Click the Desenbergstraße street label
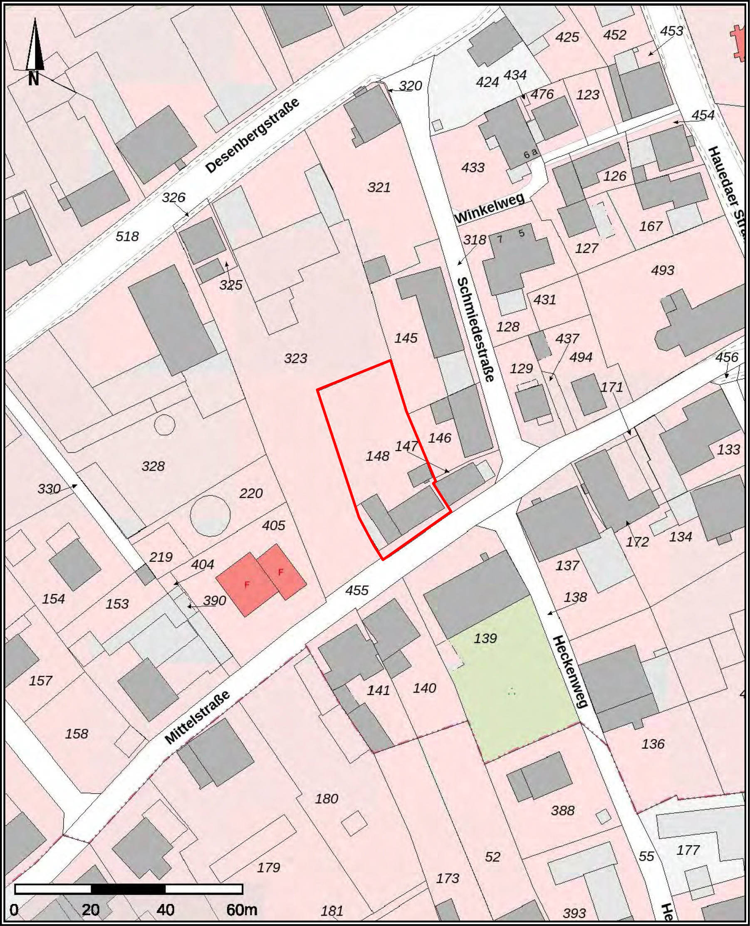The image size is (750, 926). click(x=252, y=135)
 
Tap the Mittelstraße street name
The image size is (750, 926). click(x=197, y=717)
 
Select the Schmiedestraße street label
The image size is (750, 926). click(x=475, y=330)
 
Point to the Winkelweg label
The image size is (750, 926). click(x=490, y=208)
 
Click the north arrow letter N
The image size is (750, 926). click(x=34, y=79)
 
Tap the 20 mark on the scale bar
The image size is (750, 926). click(x=91, y=910)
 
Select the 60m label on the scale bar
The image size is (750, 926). click(x=242, y=910)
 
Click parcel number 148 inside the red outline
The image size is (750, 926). click(x=378, y=456)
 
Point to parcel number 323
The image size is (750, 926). click(x=295, y=358)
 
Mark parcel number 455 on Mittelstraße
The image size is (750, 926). click(x=357, y=590)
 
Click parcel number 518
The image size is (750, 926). click(x=127, y=236)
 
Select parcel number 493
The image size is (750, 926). click(x=662, y=270)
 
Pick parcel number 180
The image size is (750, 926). click(x=326, y=798)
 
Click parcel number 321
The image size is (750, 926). click(x=379, y=187)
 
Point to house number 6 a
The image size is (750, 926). click(x=530, y=154)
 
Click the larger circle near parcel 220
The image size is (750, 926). click(x=210, y=515)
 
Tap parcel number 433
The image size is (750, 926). click(x=473, y=167)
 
